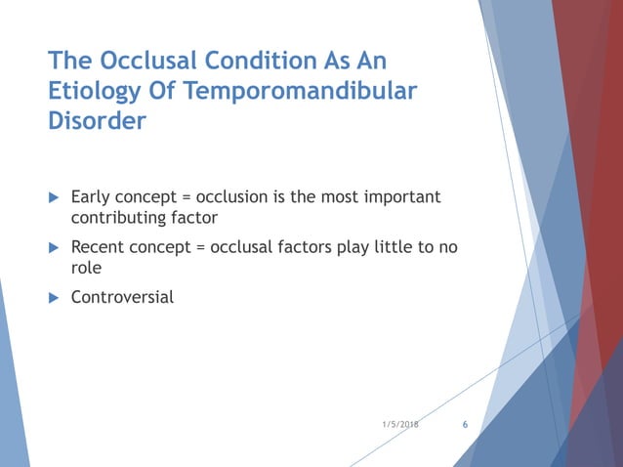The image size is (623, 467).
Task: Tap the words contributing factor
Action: pyautogui.click(x=144, y=218)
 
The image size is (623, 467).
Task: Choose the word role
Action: pyautogui.click(x=88, y=267)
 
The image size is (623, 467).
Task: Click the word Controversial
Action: pyautogui.click(x=122, y=296)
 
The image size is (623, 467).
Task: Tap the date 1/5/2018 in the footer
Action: pyautogui.click(x=399, y=425)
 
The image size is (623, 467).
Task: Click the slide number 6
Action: pyautogui.click(x=464, y=425)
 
